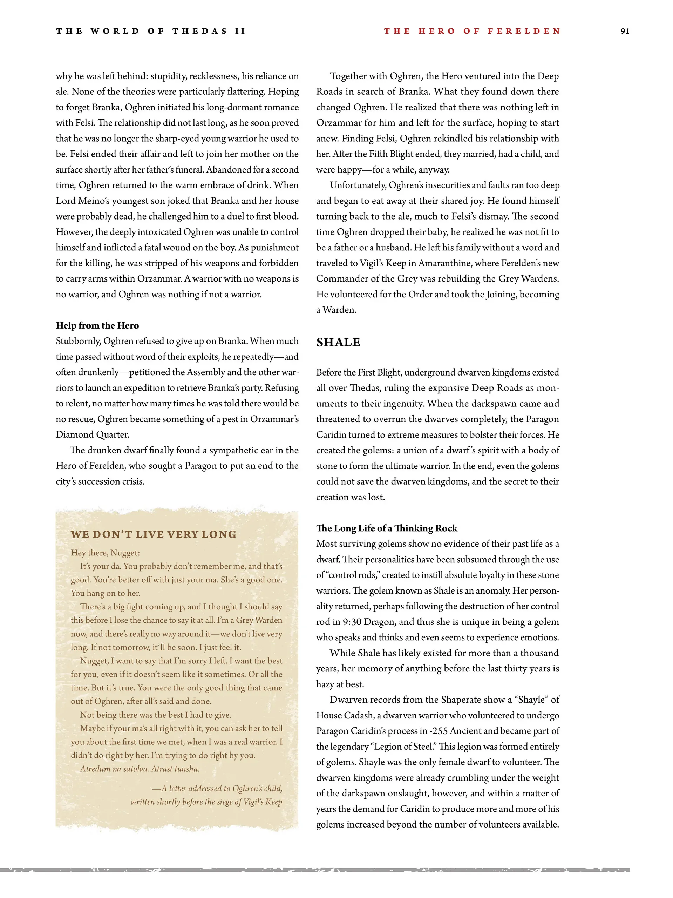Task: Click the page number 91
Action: [625, 31]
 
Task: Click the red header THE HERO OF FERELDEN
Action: [472, 31]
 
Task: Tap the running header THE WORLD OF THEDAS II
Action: [151, 31]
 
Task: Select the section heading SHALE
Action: [338, 342]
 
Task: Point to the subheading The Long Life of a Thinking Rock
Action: [386, 528]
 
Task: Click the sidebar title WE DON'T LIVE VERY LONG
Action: [154, 534]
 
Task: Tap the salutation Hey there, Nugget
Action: [105, 553]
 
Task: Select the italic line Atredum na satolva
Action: [140, 769]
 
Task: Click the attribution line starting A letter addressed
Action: [217, 788]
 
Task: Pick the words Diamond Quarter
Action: [93, 434]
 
